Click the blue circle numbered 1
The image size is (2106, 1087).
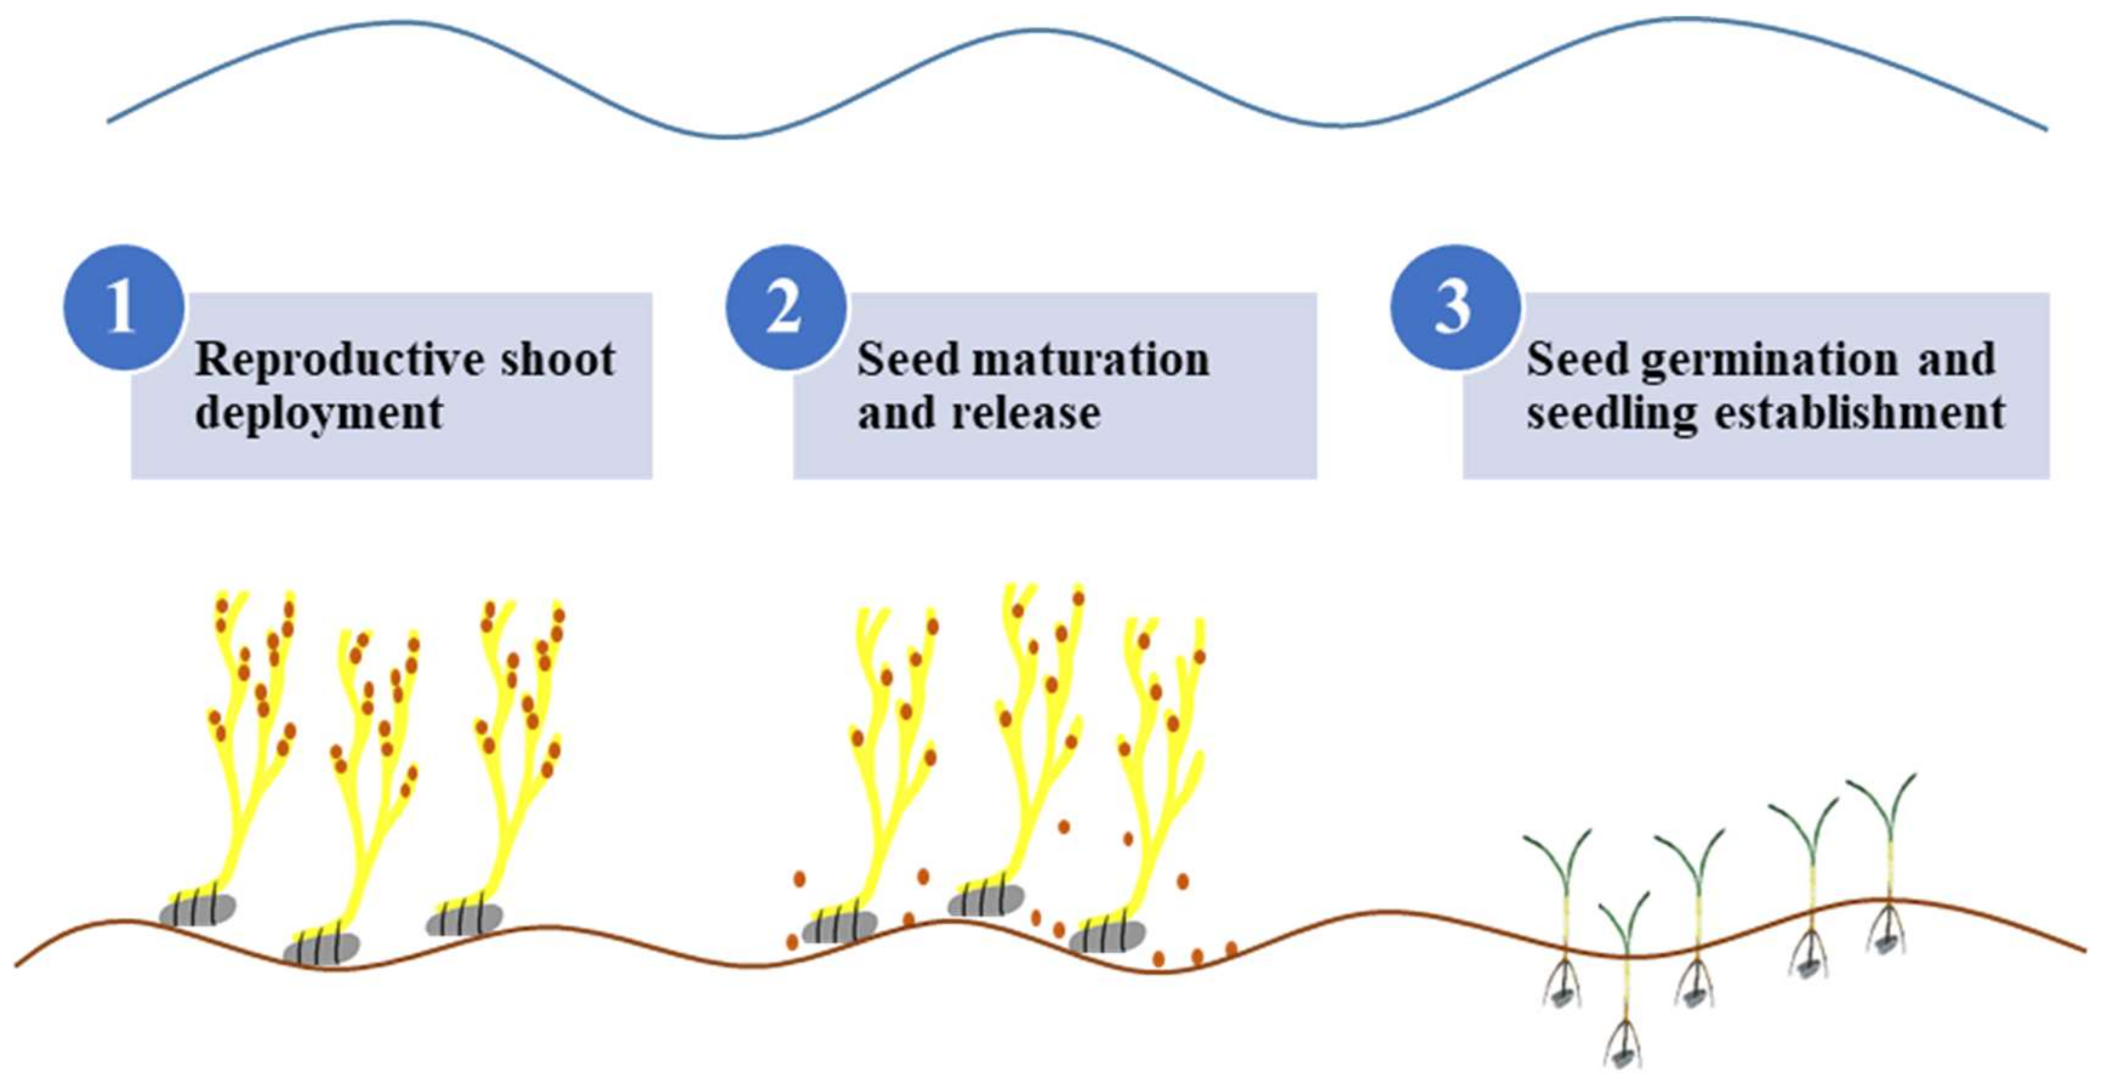123,307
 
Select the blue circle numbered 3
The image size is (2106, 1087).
1454,307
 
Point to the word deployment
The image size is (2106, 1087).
319,412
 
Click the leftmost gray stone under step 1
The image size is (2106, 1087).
198,909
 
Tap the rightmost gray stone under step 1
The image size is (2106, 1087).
465,919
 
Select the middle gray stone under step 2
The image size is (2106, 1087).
986,900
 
